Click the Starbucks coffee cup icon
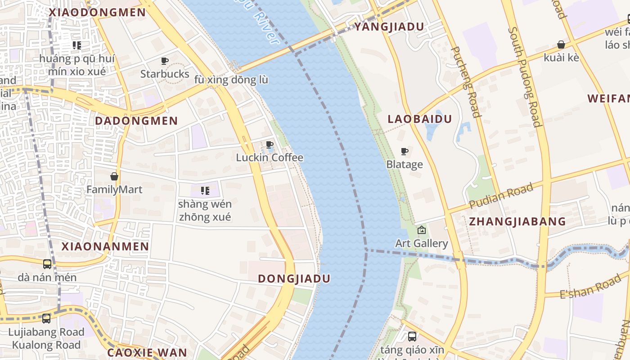pos(165,61)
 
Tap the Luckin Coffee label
pos(270,158)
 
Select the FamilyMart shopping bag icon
pos(114,176)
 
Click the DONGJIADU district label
pos(294,279)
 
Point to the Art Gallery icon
pos(422,230)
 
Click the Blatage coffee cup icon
pos(405,151)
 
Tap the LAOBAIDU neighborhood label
pos(419,119)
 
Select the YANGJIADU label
pos(389,27)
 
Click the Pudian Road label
pos(501,196)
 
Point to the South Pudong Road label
pos(525,77)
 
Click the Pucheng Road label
pos(465,81)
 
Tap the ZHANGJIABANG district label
pos(517,221)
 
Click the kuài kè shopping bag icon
pos(561,45)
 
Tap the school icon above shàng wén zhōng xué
pos(205,191)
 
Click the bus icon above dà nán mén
pos(47,264)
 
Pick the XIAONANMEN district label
pos(105,247)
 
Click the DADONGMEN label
pos(136,121)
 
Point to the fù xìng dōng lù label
pos(231,80)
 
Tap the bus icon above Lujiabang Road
pos(46,319)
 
